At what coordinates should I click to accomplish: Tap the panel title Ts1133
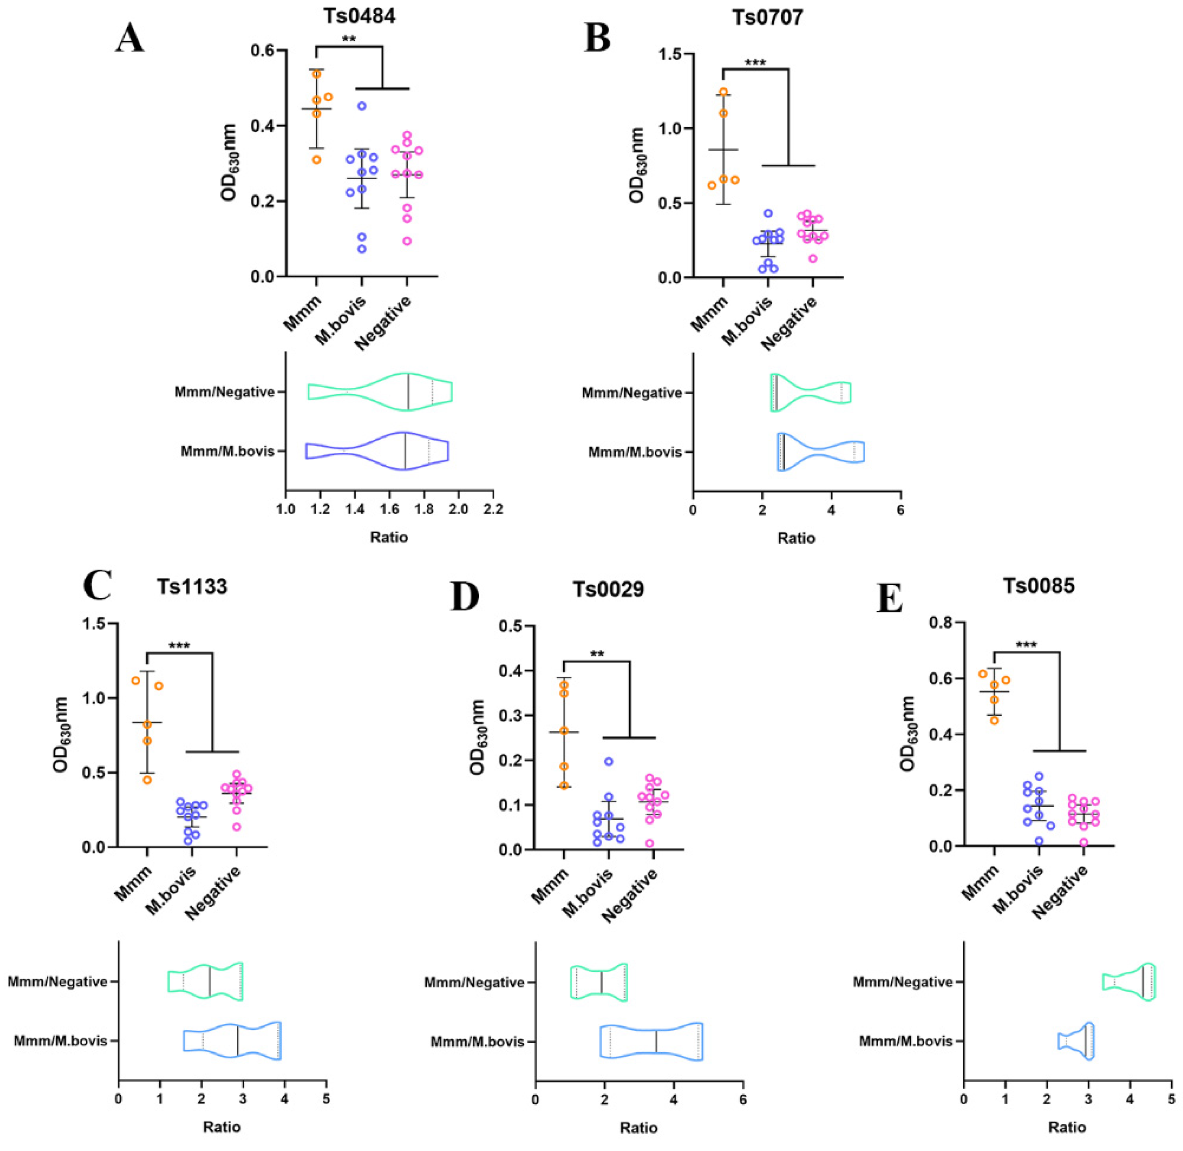click(x=192, y=587)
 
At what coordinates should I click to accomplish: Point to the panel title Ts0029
click(x=608, y=588)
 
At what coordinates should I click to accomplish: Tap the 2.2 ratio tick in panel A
click(x=493, y=509)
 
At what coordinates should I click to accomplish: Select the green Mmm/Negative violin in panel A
click(x=380, y=392)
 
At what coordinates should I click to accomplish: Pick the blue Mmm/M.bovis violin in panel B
click(x=820, y=451)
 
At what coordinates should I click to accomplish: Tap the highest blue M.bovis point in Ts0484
click(x=361, y=106)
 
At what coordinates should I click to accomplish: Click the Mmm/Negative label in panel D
click(x=473, y=982)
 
